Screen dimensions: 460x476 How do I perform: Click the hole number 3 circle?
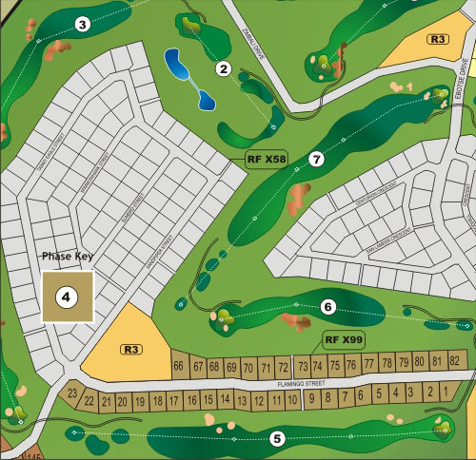pyautogui.click(x=83, y=24)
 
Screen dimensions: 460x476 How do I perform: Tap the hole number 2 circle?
pyautogui.click(x=225, y=67)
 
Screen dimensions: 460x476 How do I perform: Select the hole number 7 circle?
pyautogui.click(x=316, y=159)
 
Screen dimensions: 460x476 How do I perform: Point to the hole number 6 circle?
pyautogui.click(x=327, y=306)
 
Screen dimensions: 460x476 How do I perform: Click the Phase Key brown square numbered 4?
pyautogui.click(x=68, y=297)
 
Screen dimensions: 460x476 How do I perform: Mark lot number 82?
pyautogui.click(x=455, y=362)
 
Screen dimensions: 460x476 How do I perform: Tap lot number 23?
pyautogui.click(x=72, y=393)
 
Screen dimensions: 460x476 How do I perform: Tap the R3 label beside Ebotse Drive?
pyautogui.click(x=438, y=39)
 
